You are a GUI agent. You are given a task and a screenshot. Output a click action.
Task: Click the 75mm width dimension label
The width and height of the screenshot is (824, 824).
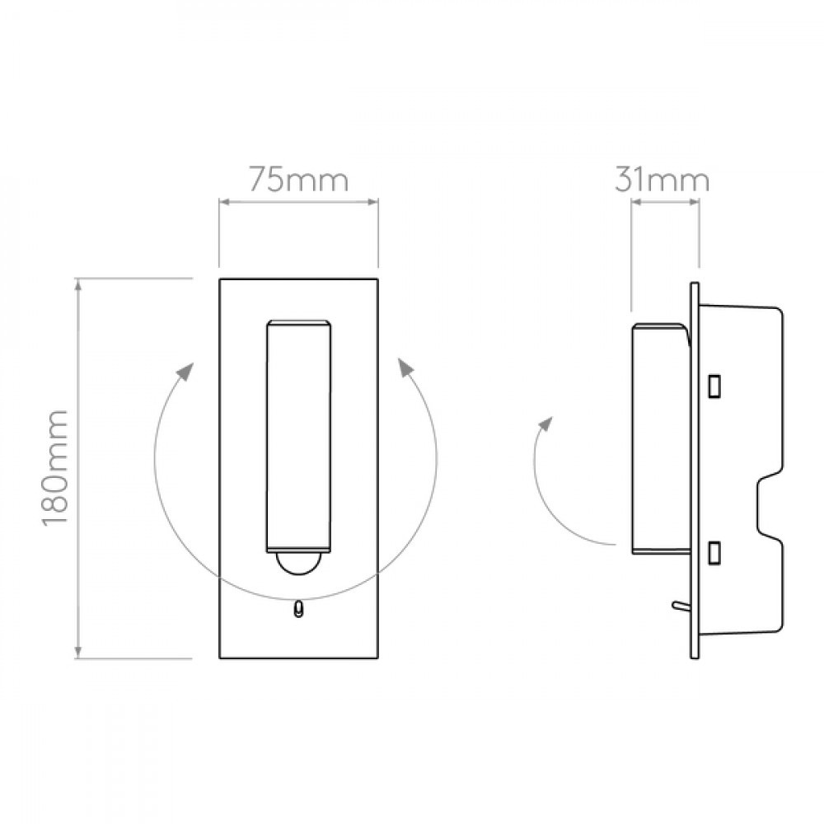[x=298, y=180]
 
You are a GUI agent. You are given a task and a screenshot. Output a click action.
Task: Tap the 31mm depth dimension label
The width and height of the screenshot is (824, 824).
[x=662, y=180]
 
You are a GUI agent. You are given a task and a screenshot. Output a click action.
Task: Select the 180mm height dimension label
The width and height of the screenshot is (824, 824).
[x=54, y=467]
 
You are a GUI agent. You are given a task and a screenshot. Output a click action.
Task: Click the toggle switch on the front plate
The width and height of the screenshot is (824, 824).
[x=298, y=609]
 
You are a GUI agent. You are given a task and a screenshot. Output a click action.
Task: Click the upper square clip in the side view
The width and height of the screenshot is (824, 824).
[x=714, y=386]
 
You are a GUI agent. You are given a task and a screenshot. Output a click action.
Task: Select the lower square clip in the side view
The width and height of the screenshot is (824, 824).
[x=714, y=554]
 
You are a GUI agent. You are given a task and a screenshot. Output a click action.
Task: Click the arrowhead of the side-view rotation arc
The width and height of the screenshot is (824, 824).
[x=547, y=424]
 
